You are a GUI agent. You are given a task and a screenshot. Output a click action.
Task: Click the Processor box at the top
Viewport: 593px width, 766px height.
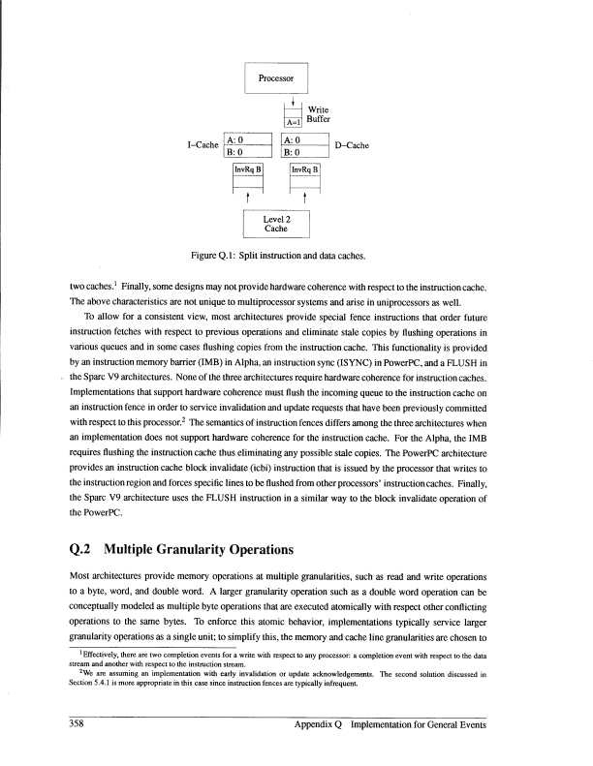point(275,77)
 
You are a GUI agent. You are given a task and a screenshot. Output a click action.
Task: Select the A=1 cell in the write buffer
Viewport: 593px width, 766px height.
point(294,122)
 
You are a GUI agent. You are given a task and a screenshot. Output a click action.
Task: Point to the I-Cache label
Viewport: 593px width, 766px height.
point(202,146)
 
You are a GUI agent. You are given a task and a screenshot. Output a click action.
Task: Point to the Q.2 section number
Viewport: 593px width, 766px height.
point(84,552)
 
